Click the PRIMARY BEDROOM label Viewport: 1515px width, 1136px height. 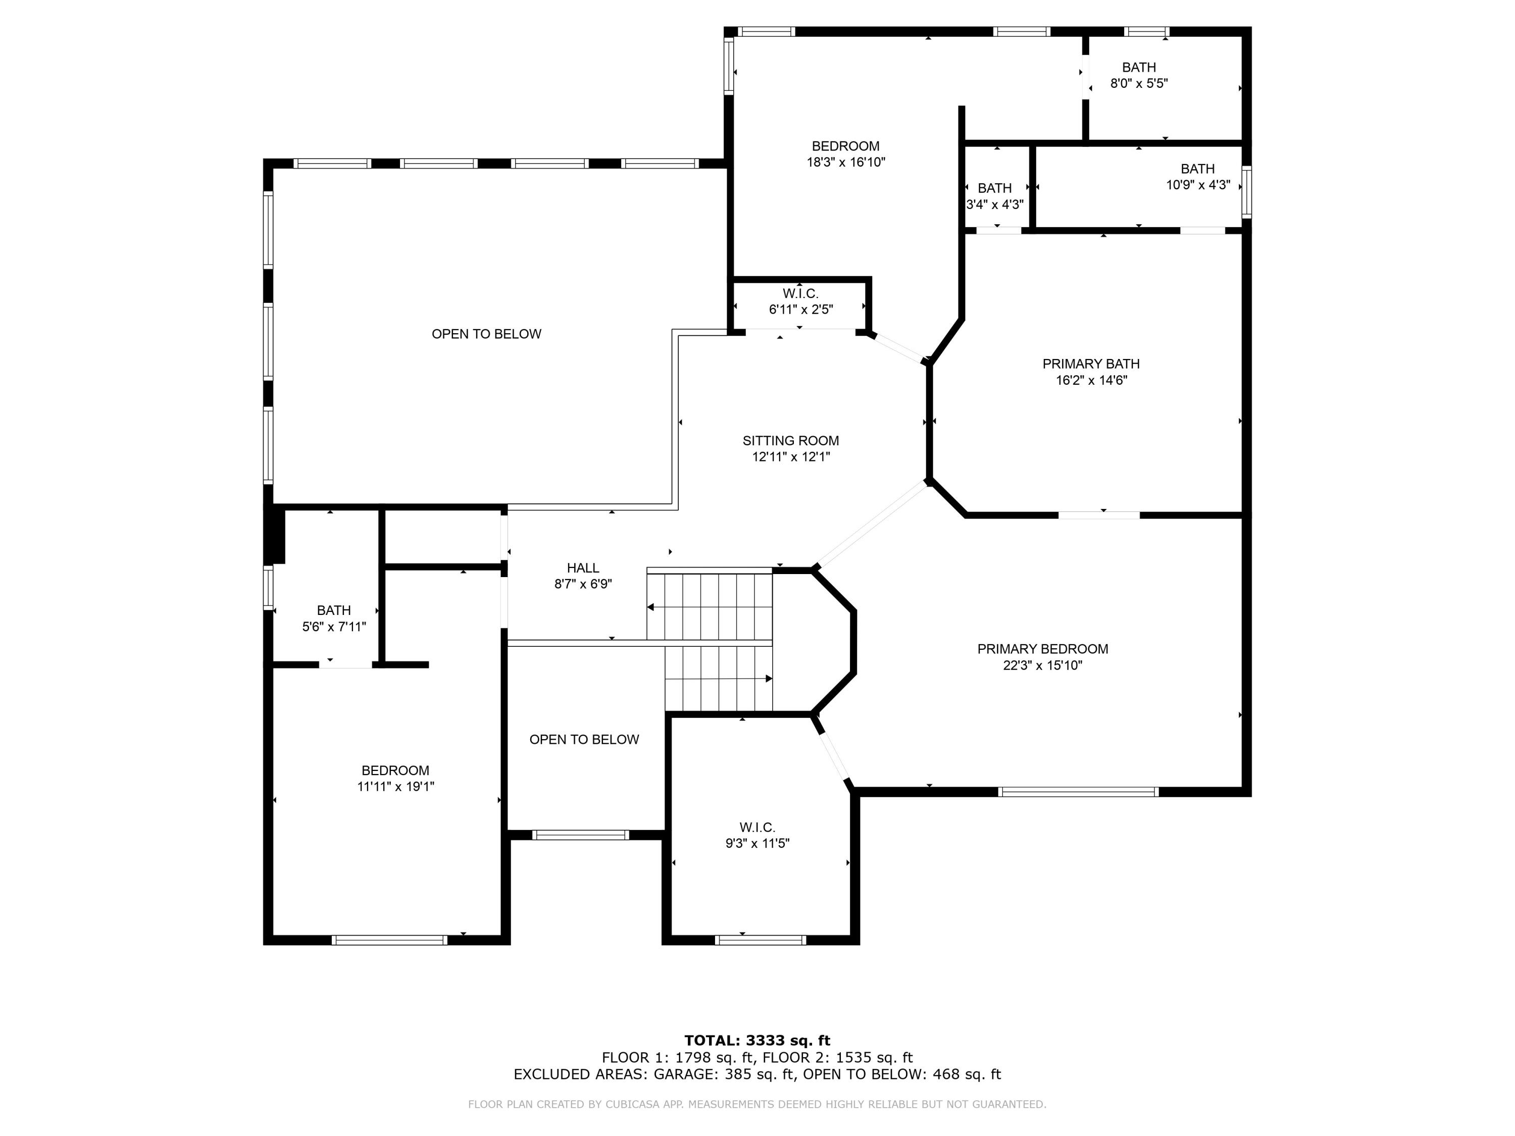[1042, 648]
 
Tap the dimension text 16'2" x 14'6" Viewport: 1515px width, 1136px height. [1091, 380]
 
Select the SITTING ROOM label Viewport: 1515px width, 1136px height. [790, 440]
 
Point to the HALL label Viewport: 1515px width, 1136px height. [583, 567]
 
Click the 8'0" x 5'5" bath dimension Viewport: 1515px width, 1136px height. [1138, 83]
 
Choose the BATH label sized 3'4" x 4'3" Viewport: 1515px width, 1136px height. [994, 188]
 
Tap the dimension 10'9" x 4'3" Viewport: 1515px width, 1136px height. [1198, 185]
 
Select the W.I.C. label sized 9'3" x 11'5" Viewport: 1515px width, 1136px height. [757, 827]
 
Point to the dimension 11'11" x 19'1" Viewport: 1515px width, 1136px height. [395, 787]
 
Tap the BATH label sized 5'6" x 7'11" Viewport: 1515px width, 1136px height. [333, 610]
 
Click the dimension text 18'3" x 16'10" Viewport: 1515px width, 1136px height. [846, 162]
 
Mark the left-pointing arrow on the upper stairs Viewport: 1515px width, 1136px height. [650, 607]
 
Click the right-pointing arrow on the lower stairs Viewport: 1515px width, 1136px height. [769, 679]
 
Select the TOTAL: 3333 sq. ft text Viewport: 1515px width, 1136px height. [757, 1041]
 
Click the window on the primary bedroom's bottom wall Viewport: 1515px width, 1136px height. [1077, 792]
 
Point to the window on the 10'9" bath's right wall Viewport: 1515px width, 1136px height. [1246, 192]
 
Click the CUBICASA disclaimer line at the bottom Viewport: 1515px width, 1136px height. [757, 1104]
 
